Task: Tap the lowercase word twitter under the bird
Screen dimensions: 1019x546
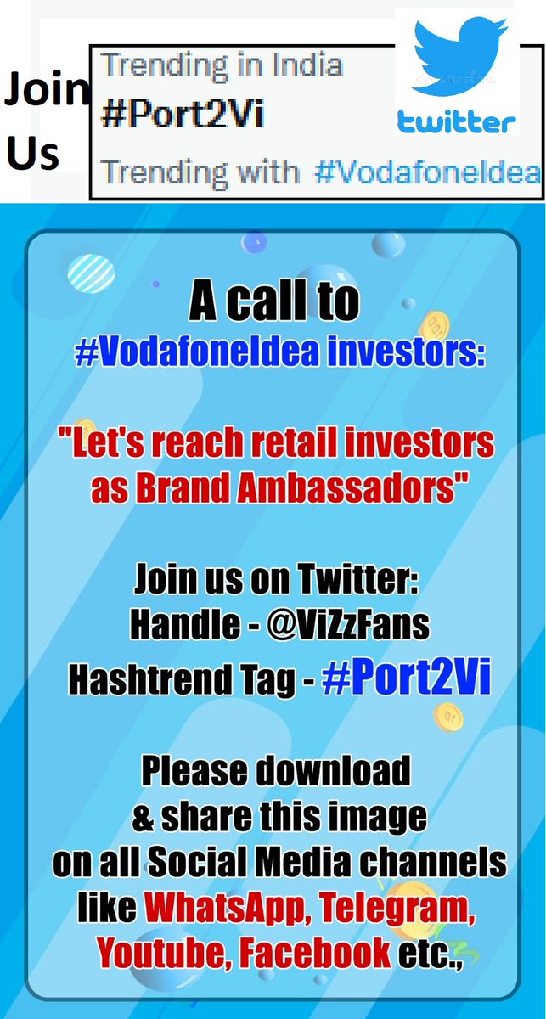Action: click(458, 124)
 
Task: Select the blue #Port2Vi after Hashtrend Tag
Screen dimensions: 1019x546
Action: click(407, 682)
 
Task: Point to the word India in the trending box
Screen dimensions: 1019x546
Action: click(301, 65)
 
